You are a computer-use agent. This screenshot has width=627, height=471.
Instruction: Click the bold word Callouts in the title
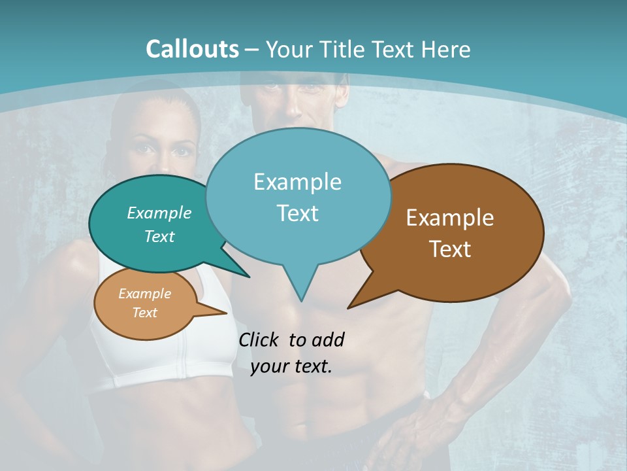pyautogui.click(x=192, y=49)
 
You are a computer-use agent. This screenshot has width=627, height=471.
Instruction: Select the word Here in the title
pyautogui.click(x=447, y=49)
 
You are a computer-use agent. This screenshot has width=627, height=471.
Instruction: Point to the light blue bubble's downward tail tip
pyautogui.click(x=301, y=300)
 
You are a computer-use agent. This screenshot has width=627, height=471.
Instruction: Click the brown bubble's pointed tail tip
pyautogui.click(x=349, y=307)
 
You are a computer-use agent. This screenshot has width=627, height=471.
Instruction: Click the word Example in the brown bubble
pyautogui.click(x=450, y=218)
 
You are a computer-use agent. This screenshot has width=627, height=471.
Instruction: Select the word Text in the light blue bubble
pyautogui.click(x=298, y=213)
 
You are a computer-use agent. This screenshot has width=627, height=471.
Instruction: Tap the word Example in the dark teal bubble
pyautogui.click(x=159, y=213)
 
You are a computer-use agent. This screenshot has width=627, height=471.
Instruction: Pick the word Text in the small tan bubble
pyautogui.click(x=145, y=313)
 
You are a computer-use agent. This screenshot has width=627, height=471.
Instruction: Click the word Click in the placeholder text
pyautogui.click(x=261, y=340)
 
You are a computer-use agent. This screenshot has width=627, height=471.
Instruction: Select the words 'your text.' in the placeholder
pyautogui.click(x=291, y=366)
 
